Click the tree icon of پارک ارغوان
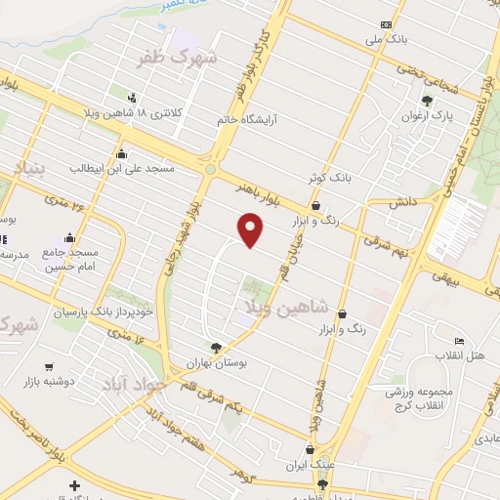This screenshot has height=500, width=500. pyautogui.click(x=427, y=100)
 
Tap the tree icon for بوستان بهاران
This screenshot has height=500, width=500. pyautogui.click(x=215, y=347)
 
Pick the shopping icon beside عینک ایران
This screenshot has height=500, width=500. pyautogui.click(x=312, y=450)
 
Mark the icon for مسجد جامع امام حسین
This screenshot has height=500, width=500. pyautogui.click(x=69, y=237)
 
